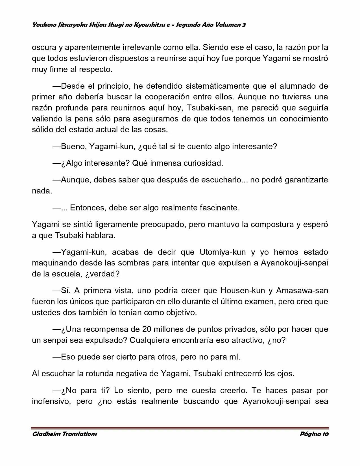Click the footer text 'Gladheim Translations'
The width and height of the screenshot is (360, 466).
click(x=64, y=434)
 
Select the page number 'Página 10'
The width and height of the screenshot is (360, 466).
click(x=314, y=434)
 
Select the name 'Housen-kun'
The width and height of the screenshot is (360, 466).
click(x=243, y=290)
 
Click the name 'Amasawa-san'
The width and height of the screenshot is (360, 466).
click(x=302, y=290)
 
